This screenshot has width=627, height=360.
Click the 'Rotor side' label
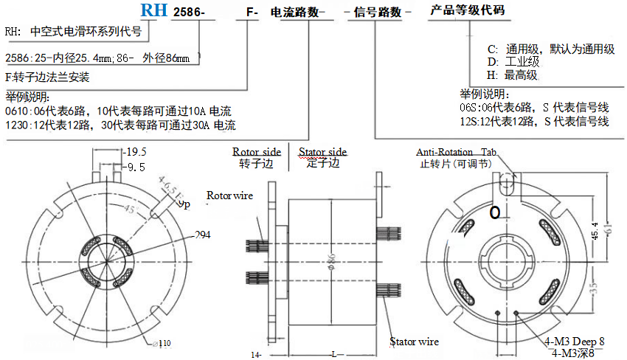click(x=256, y=152)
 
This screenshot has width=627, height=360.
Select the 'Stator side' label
click(x=322, y=152)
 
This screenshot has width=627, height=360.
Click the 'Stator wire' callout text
click(x=414, y=342)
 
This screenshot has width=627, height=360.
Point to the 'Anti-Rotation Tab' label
click(x=457, y=151)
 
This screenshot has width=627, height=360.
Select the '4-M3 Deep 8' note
click(x=574, y=342)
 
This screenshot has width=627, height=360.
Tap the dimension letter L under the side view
click(x=334, y=354)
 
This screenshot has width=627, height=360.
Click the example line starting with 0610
click(x=118, y=111)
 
